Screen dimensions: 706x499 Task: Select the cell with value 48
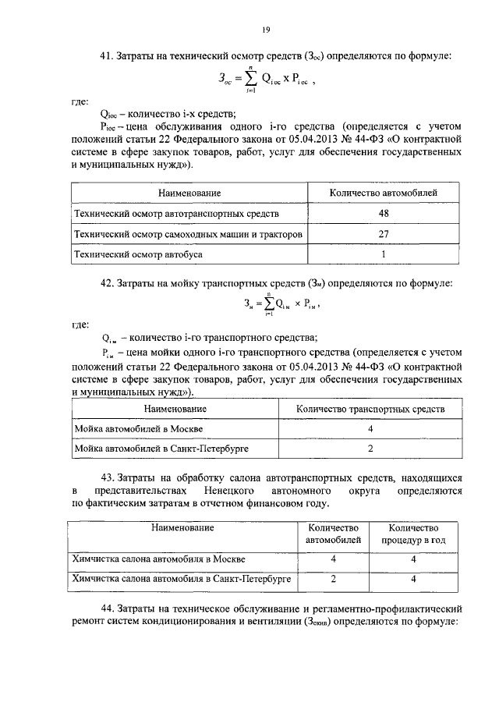tap(384, 213)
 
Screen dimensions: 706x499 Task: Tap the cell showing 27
tap(384, 234)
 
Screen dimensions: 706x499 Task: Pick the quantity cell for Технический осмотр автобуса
tap(384, 254)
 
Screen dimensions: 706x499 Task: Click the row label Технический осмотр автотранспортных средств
tap(175, 213)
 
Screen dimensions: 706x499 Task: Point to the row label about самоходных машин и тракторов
tap(188, 234)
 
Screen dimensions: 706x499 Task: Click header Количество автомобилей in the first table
tap(384, 192)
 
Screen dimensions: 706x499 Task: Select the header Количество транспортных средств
tap(371, 409)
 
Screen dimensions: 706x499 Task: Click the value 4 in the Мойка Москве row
tap(371, 430)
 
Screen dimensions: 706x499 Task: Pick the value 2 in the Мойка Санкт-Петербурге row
tap(371, 449)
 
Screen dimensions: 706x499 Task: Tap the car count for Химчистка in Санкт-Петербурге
tap(333, 580)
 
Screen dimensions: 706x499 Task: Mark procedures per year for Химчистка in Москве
tap(413, 559)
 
